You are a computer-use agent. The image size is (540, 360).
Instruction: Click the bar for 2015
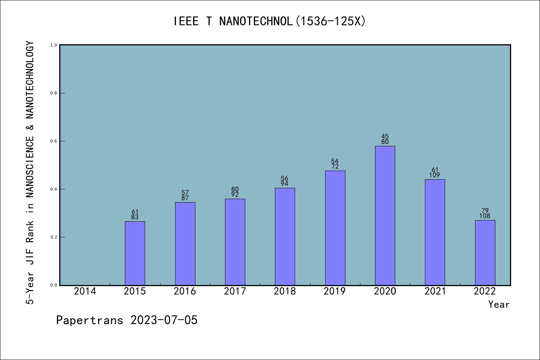(x=135, y=253)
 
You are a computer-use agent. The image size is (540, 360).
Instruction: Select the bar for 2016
(x=185, y=244)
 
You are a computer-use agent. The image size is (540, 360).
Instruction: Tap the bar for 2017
(x=235, y=242)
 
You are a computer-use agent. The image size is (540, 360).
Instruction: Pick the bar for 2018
(x=285, y=236)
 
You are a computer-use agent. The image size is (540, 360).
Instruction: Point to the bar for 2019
(x=335, y=228)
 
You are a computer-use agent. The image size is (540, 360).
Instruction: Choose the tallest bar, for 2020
(x=385, y=216)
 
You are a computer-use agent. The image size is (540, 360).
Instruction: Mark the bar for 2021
(x=435, y=232)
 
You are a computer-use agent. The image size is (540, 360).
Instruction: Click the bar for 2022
(x=485, y=252)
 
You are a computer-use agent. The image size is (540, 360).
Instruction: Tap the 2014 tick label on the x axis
(x=85, y=291)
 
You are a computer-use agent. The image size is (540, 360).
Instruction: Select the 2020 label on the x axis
(x=385, y=291)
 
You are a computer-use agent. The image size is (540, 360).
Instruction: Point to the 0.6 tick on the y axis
(x=54, y=141)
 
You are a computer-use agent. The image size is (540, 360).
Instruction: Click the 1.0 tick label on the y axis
(x=54, y=45)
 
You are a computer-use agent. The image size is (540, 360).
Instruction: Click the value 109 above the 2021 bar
(x=435, y=175)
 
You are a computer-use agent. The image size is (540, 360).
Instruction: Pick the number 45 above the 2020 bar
(x=385, y=136)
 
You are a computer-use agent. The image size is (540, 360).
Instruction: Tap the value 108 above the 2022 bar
(x=485, y=216)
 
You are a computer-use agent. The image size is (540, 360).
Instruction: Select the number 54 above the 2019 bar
(x=335, y=161)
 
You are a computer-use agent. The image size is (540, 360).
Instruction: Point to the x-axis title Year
(x=499, y=304)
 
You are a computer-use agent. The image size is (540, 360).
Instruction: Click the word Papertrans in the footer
(x=90, y=320)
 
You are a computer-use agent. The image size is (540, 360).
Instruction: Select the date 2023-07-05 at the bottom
(x=164, y=320)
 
